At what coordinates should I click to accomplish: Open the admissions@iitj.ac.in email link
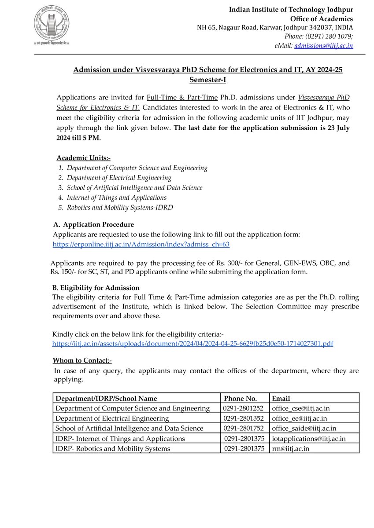323,45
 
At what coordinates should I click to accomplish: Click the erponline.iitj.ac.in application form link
141,244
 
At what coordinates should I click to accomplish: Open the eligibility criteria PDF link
193,343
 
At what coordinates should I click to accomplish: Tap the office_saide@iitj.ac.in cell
304,428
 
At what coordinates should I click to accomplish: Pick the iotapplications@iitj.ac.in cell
308,439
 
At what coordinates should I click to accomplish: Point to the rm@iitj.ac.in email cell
290,449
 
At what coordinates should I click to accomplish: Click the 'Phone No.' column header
240,398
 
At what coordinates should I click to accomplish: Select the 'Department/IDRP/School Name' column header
106,398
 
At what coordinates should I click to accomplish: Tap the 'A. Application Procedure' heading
93,225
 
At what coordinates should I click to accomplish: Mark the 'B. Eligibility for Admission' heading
96,288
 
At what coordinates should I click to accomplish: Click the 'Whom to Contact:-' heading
82,361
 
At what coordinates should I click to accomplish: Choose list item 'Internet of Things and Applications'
116,198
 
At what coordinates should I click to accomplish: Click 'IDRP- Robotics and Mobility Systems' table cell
112,449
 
